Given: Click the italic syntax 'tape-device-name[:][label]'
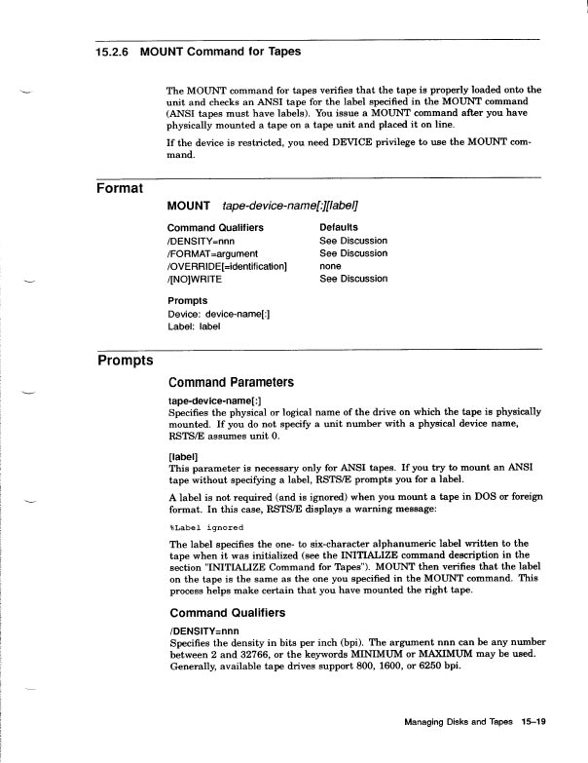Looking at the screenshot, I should click(x=290, y=207).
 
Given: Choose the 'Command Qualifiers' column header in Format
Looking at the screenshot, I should click(x=215, y=227).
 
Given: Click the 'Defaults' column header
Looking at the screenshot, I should click(x=339, y=227).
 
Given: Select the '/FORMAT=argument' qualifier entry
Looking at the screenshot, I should click(x=212, y=253).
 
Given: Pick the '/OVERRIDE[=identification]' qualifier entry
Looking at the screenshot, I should click(x=229, y=266).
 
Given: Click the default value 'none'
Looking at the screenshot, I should click(x=330, y=266).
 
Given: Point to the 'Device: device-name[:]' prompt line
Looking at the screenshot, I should click(x=219, y=314).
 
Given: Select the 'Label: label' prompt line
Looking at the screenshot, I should click(x=194, y=326).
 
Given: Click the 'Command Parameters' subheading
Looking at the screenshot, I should click(x=231, y=383).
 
